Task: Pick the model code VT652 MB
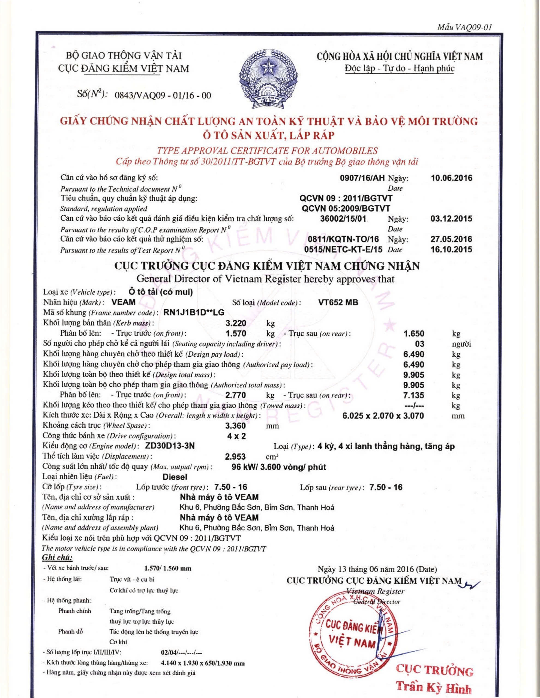click(338, 302)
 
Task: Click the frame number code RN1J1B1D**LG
click(194, 312)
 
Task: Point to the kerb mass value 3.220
click(236, 323)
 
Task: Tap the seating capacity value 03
click(419, 344)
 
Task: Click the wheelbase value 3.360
click(236, 426)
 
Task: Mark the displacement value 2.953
click(236, 456)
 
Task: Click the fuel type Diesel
click(175, 477)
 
